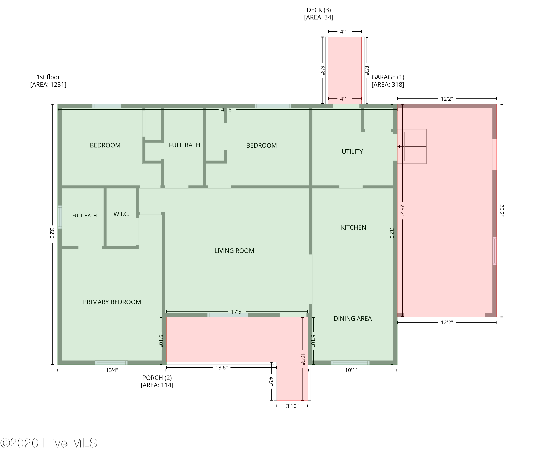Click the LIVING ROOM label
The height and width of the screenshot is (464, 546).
point(234,251)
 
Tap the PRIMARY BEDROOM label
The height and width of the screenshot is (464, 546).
point(112,302)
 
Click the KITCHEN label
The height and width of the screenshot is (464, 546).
point(353,227)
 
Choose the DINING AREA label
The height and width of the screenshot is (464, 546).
point(353,318)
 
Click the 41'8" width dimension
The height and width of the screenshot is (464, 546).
point(227,109)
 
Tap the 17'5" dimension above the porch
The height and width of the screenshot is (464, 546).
point(237,312)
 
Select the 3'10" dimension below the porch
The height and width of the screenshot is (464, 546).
point(292,406)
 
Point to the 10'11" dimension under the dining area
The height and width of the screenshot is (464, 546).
point(353,370)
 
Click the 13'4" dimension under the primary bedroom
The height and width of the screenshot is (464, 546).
point(112,370)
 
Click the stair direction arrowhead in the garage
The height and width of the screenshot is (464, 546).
point(399,146)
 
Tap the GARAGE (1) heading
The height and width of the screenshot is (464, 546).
point(388,77)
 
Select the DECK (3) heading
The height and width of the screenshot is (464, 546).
point(318,10)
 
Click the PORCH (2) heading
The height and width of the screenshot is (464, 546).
point(157,378)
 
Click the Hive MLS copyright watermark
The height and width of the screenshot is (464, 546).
point(49,443)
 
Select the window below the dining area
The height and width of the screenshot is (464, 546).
point(350,363)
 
